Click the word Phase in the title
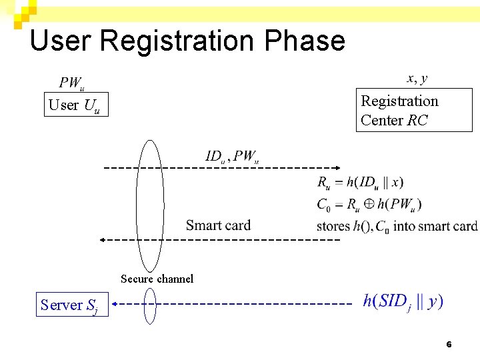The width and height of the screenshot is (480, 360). point(305,41)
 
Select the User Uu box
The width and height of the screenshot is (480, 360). point(75,105)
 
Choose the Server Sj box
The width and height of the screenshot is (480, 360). point(69,305)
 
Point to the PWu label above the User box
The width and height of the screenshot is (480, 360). point(71,83)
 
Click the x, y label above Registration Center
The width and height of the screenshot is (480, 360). point(417,79)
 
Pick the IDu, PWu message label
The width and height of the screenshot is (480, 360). point(232,157)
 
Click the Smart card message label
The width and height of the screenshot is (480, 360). point(218,225)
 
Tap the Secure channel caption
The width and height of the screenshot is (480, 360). point(157,279)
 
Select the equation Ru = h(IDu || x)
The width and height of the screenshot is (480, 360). point(360,182)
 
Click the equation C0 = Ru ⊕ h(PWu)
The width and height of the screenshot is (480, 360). point(369,204)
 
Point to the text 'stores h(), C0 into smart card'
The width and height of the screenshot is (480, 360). point(397,226)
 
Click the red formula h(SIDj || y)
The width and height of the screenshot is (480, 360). point(403,301)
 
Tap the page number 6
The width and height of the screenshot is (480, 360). point(449,344)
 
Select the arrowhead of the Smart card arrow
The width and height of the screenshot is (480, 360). point(103,239)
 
